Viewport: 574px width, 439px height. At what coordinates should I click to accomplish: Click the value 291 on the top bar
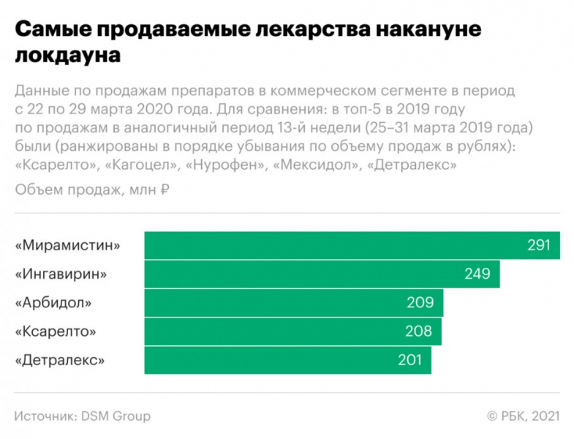(x=538, y=245)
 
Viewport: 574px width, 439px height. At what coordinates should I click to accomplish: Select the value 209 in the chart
(x=420, y=302)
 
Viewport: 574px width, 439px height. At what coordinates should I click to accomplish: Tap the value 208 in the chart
(x=419, y=331)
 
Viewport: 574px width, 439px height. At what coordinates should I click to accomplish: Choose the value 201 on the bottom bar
(x=409, y=360)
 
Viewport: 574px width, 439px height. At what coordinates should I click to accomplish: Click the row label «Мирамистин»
(x=67, y=245)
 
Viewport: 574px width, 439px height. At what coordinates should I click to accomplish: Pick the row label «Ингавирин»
(x=61, y=274)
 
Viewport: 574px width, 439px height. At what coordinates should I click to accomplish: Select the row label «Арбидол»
(x=54, y=302)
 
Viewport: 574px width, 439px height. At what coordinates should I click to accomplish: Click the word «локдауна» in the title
(x=67, y=55)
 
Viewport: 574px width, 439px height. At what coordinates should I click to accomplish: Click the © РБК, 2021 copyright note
(x=523, y=416)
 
